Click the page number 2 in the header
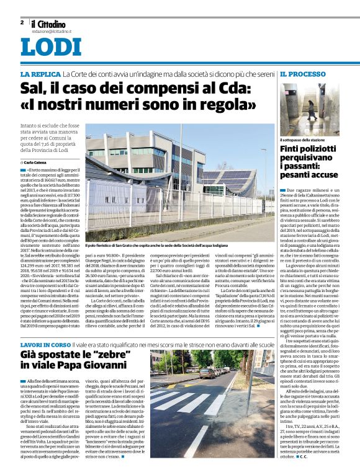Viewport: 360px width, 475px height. click(22, 22)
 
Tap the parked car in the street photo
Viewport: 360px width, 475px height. click(207, 373)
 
